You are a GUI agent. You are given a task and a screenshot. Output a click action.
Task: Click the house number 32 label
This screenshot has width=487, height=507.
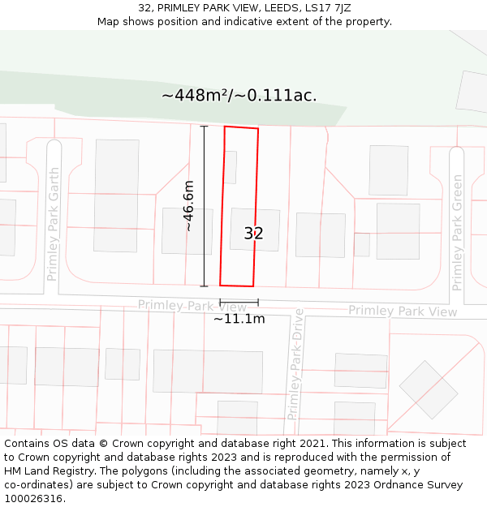[x=253, y=234]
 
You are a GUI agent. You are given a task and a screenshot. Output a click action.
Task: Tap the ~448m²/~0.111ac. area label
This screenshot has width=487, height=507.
[x=239, y=96]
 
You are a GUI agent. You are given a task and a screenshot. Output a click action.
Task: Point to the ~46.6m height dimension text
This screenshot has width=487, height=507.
[x=188, y=206]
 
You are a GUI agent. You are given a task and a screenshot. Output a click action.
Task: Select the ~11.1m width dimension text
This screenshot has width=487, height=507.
[x=239, y=319]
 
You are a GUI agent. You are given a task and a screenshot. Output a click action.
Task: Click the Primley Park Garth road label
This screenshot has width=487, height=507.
[x=54, y=225]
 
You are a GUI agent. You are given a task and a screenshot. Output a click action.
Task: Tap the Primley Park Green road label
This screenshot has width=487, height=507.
[x=457, y=233]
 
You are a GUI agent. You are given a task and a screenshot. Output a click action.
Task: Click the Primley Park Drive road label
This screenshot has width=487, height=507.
[x=294, y=364]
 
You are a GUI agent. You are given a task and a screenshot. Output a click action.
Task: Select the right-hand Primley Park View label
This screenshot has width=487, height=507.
[x=403, y=312]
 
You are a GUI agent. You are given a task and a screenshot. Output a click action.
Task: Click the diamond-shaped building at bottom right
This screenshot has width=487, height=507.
[x=428, y=389]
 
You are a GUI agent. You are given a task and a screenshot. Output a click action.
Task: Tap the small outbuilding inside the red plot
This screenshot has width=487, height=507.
[x=231, y=167]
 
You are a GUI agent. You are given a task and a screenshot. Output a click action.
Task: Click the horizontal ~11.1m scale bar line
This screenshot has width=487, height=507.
[x=239, y=303]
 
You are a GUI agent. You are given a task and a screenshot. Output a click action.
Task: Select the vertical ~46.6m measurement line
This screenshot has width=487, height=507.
[x=205, y=206]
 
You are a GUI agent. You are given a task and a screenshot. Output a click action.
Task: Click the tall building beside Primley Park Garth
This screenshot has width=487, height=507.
[x=116, y=195]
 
